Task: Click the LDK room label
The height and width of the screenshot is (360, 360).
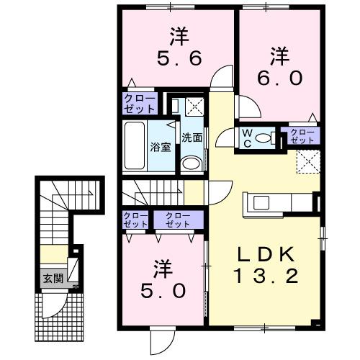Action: coord(263,254)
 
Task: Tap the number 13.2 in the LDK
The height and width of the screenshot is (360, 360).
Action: coord(263,275)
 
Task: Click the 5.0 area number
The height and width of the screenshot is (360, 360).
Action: coord(163,291)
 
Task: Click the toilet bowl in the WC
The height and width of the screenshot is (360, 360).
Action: coord(264,138)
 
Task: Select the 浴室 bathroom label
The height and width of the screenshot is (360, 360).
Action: coord(160,147)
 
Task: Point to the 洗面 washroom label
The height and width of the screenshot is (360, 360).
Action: coord(191,137)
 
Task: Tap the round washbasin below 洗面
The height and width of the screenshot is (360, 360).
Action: coord(190,163)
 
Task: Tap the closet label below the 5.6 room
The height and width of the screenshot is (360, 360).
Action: coord(139,104)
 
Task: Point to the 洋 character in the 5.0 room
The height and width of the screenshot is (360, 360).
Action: coord(163,269)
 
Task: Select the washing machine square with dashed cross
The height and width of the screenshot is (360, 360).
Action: coord(193,107)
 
